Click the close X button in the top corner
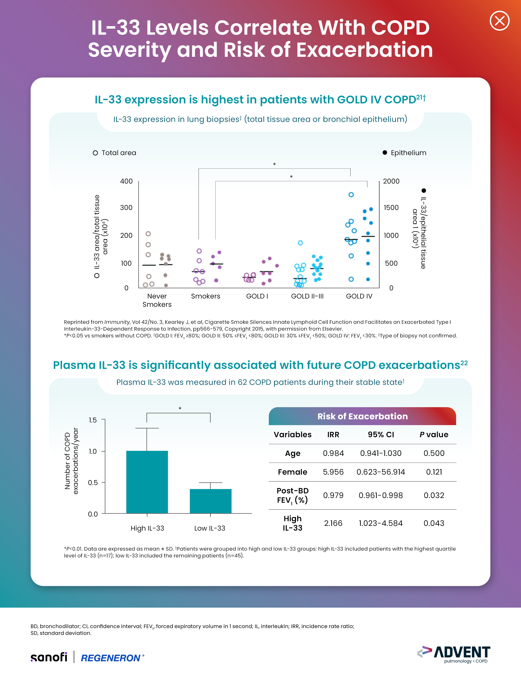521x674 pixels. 499,21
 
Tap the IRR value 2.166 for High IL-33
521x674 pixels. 333,523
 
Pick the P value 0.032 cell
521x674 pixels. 434,495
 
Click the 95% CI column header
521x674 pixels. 381,434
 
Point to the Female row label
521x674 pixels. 292,472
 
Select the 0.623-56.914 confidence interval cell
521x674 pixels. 381,472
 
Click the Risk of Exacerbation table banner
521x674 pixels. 362,416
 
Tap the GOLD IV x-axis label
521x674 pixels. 359,296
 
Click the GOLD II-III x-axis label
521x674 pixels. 307,296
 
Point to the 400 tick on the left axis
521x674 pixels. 126,181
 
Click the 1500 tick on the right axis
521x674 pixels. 391,207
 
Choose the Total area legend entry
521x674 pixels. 115,153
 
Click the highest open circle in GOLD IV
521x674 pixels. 351,195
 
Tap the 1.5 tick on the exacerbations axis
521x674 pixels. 93,420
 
